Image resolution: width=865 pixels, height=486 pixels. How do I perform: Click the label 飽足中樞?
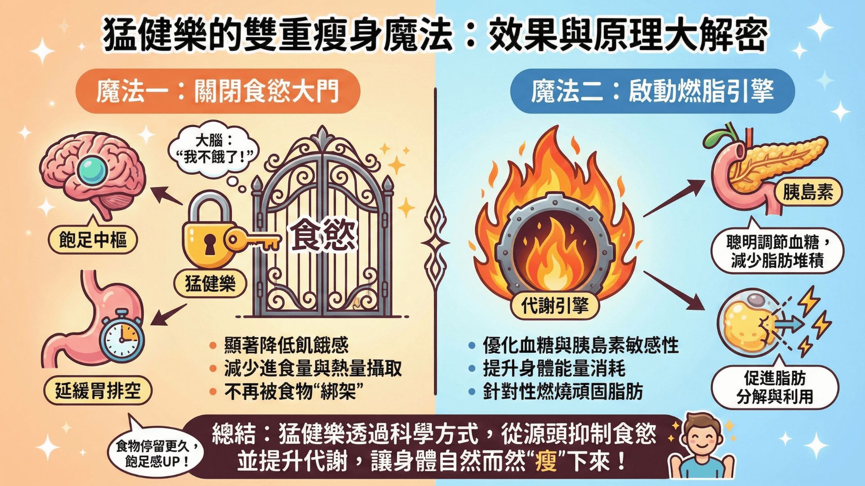93,239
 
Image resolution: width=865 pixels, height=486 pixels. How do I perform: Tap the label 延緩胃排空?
98,390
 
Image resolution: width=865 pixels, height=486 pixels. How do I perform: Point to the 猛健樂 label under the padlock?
210,283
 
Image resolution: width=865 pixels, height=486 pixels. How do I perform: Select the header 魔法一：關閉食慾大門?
218,91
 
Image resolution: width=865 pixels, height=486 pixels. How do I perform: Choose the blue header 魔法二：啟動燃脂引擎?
652,91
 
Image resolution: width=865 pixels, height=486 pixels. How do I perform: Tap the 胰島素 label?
808,192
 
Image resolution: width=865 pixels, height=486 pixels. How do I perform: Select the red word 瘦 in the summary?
546,462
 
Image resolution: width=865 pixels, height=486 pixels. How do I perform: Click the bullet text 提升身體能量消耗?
554,369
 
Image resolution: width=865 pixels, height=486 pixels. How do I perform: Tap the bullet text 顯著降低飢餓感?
287,345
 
